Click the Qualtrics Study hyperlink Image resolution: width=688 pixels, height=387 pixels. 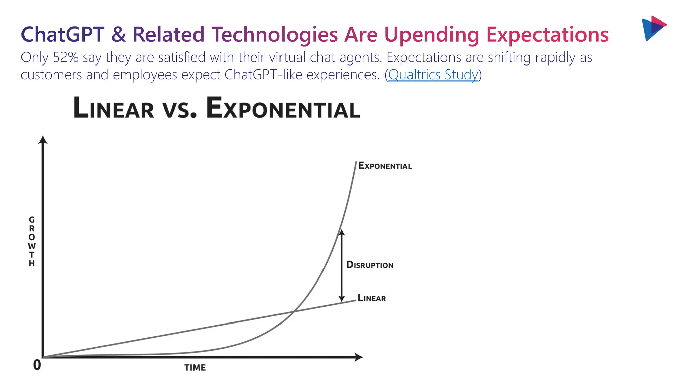click(x=433, y=75)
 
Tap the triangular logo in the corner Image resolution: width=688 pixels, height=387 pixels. click(x=653, y=28)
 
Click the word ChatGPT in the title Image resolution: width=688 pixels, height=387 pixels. click(x=63, y=34)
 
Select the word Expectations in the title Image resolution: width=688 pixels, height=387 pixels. click(x=547, y=34)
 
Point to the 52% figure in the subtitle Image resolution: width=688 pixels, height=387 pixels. click(x=66, y=57)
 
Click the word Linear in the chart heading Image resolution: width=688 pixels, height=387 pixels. click(x=114, y=108)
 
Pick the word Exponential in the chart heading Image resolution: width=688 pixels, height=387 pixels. click(x=283, y=108)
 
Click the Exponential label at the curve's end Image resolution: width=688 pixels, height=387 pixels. click(x=385, y=166)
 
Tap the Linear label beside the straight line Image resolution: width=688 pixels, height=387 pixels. click(x=372, y=298)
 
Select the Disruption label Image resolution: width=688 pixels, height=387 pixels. click(x=370, y=265)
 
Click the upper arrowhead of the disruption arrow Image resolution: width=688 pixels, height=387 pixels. click(x=342, y=232)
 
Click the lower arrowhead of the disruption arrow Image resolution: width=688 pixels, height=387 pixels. click(x=342, y=298)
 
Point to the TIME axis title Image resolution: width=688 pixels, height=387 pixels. click(x=195, y=368)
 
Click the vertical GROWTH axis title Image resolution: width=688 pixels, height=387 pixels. click(x=32, y=241)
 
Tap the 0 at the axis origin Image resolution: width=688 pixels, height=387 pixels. click(x=37, y=365)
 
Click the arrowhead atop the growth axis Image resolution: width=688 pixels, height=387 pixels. click(x=43, y=140)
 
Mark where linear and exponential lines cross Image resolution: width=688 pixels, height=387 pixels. click(x=293, y=312)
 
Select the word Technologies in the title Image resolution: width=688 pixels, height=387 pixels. click(x=274, y=34)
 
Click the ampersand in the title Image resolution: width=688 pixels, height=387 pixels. click(x=118, y=34)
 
